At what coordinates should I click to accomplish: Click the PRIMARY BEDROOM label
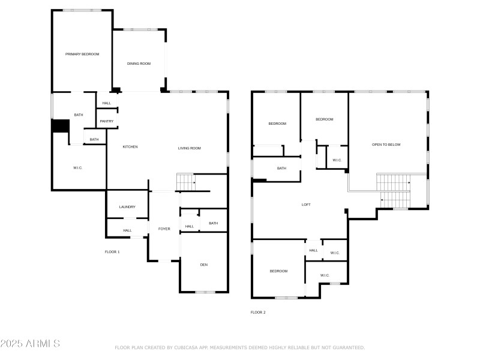click(82, 54)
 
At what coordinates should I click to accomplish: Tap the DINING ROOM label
click(139, 64)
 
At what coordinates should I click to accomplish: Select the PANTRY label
click(107, 121)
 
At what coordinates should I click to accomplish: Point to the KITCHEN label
click(130, 147)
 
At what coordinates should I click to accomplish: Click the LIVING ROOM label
click(189, 148)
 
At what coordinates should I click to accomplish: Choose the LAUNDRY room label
click(127, 207)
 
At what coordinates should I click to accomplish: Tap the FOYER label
click(164, 229)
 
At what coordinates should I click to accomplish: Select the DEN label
click(204, 265)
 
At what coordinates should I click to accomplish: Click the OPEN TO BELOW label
click(386, 145)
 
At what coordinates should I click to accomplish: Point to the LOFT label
click(306, 205)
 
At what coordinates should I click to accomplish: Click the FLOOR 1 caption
click(112, 252)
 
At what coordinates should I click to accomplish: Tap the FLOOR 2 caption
click(258, 312)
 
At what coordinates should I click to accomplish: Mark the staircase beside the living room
click(186, 181)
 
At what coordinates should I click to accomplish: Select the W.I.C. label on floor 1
click(78, 167)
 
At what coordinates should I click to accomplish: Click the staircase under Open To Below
click(393, 189)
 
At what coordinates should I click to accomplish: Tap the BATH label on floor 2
click(281, 168)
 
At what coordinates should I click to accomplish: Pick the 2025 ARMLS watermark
click(30, 344)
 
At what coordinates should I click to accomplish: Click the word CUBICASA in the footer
click(184, 347)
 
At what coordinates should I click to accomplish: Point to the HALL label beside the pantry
click(107, 103)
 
